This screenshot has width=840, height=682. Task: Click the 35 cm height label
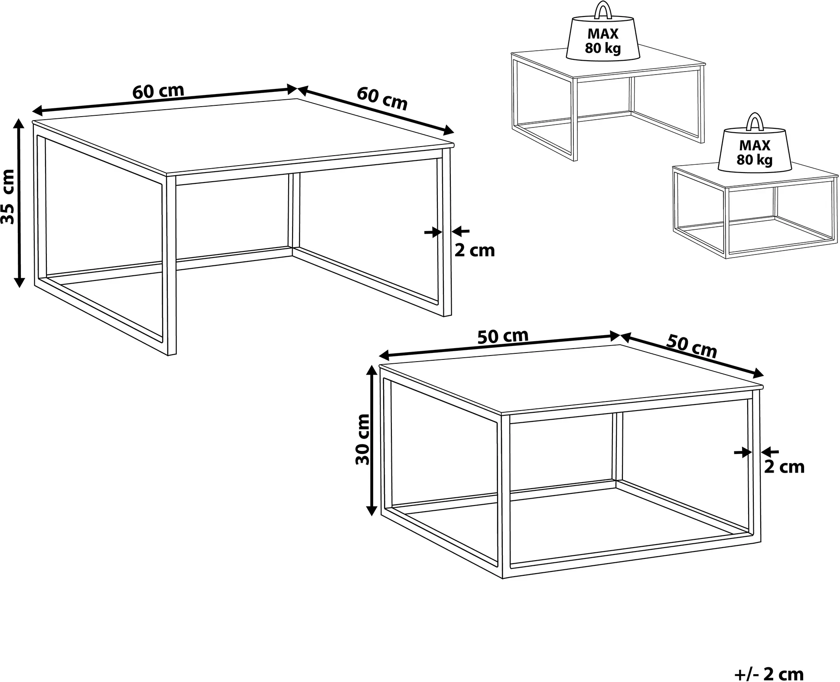(x=8, y=196)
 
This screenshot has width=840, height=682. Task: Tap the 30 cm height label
(x=362, y=440)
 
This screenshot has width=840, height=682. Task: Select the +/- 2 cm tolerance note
(x=769, y=674)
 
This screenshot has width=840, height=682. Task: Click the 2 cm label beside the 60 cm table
(x=475, y=251)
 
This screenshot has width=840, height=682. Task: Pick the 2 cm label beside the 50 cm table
(x=784, y=467)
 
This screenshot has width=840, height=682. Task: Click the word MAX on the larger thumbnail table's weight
(x=603, y=34)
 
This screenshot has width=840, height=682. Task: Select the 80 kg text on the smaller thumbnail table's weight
(x=755, y=160)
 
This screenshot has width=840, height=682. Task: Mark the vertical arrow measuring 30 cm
(x=371, y=441)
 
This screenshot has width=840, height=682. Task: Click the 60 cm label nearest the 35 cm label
(x=158, y=91)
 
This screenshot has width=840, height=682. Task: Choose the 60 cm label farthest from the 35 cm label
(x=382, y=98)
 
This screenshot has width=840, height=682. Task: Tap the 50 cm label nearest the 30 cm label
(x=503, y=336)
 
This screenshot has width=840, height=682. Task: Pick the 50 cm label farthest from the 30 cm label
(x=692, y=346)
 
